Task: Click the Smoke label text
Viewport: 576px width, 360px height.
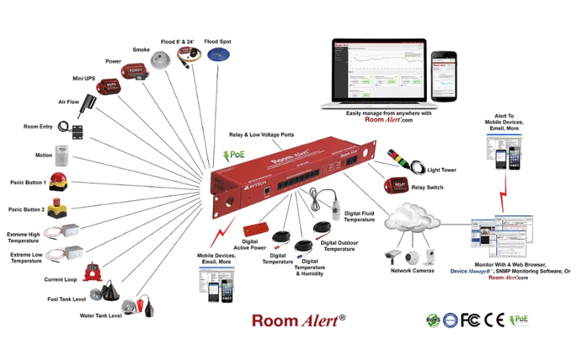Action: pos(141,50)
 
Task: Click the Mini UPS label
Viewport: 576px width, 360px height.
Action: pos(85,77)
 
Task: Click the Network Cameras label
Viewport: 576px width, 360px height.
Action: pos(411,271)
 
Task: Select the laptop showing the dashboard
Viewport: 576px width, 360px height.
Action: pos(374,72)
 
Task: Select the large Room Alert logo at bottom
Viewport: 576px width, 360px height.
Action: pos(299,320)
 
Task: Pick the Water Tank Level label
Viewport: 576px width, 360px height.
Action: pos(101,315)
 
